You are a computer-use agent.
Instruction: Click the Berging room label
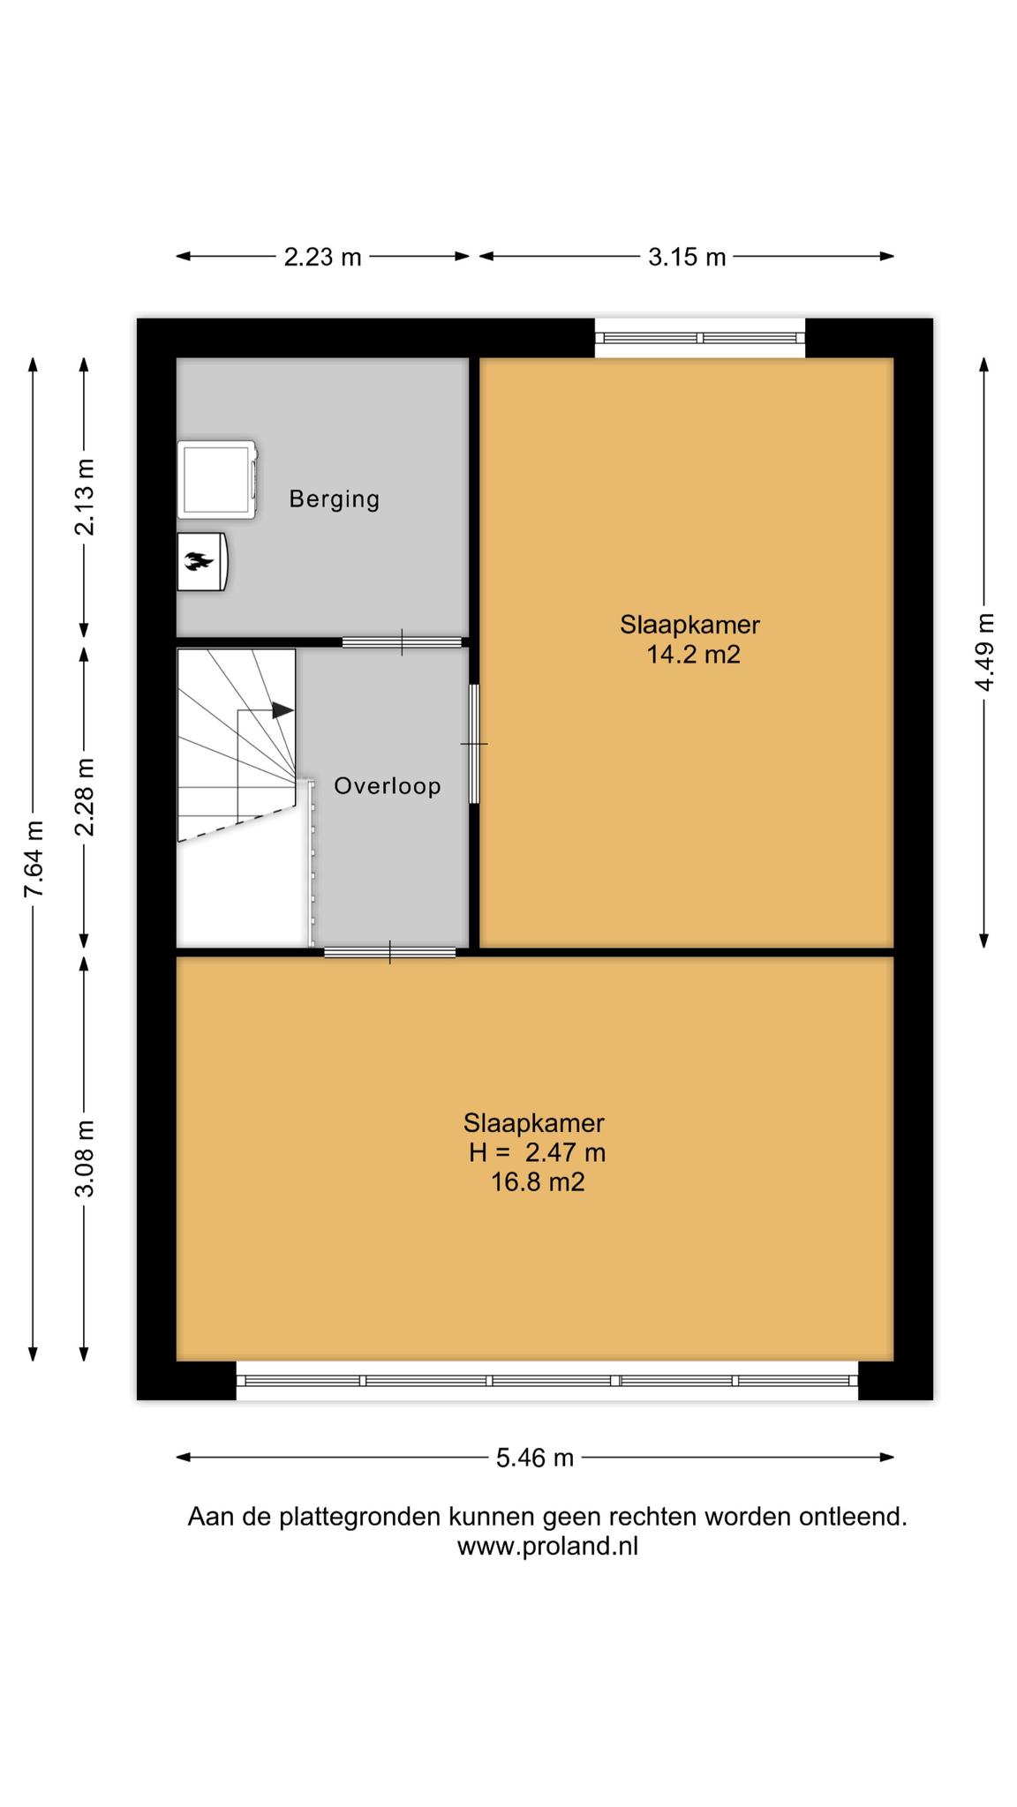335,499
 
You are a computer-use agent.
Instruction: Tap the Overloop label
388,785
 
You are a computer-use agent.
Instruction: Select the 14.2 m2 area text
693,655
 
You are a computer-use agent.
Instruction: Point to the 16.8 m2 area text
538,1181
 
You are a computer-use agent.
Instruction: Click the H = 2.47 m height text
537,1152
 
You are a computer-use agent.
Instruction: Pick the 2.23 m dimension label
322,257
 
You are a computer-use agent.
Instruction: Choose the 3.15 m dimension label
687,257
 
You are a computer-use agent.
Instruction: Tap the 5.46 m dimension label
535,1458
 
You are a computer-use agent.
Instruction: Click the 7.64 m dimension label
34,859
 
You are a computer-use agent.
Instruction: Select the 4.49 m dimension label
985,653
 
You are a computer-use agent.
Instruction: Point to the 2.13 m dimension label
85,497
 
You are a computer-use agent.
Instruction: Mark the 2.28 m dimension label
85,797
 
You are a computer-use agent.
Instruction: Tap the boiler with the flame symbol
202,561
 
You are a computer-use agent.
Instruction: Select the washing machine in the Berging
217,480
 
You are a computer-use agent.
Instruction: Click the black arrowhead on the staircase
282,709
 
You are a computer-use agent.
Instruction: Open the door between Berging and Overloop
402,642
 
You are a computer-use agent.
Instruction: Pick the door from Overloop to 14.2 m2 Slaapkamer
474,744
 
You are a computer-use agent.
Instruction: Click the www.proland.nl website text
547,1546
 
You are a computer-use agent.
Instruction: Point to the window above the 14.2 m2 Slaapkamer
700,338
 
